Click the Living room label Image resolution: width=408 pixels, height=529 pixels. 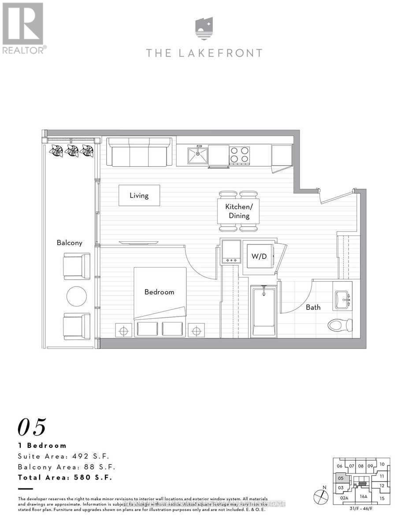[139, 195]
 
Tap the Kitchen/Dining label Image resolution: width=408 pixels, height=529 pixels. [238, 211]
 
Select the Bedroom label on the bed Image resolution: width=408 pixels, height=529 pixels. [159, 292]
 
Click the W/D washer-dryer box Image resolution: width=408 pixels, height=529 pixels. [259, 256]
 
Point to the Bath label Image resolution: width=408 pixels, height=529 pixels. [313, 307]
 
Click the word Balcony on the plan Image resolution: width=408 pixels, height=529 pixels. [69, 242]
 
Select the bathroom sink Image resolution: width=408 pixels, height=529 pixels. [342, 300]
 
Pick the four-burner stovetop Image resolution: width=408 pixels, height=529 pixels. [239, 156]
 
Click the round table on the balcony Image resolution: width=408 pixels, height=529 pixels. [77, 296]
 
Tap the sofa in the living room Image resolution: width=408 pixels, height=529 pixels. [139, 152]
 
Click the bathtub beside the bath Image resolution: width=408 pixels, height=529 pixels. [263, 311]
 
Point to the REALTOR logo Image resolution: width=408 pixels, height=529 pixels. [23, 28]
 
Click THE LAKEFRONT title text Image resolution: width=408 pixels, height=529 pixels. [204, 53]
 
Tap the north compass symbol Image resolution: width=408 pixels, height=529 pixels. [321, 497]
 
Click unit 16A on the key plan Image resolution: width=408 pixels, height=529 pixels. [363, 496]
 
